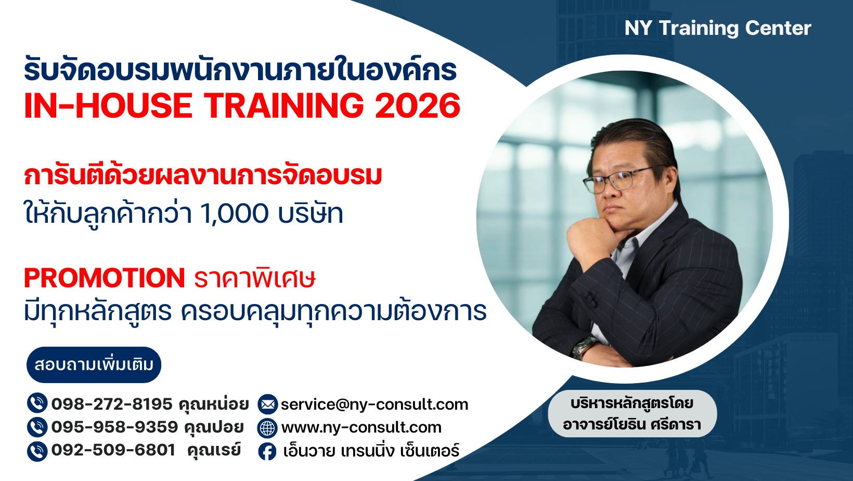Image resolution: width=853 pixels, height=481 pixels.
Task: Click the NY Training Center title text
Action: (x=718, y=29)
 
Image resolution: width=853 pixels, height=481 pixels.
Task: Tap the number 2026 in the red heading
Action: (x=418, y=106)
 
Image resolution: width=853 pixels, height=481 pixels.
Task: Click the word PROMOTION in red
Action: (x=105, y=278)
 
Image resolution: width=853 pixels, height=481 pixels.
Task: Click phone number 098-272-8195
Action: (x=112, y=404)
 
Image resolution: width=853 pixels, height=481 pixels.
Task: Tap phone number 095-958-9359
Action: (x=114, y=427)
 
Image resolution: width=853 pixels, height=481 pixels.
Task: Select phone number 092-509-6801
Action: (x=113, y=450)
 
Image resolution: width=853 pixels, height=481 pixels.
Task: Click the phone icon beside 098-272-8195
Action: (x=37, y=403)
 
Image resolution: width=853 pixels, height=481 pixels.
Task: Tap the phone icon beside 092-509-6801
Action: (x=37, y=451)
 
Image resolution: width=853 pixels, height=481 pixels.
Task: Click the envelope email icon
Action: (x=268, y=404)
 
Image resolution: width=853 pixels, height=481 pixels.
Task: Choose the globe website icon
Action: (x=268, y=428)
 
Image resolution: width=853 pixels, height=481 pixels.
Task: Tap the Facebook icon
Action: (x=268, y=452)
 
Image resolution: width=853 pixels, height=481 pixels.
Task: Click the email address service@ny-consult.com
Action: (x=374, y=404)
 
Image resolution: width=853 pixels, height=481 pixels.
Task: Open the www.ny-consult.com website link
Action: (x=361, y=427)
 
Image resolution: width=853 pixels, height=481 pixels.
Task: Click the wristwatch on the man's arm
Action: (x=583, y=348)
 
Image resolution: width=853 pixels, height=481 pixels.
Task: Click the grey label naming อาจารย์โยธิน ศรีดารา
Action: (x=632, y=413)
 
